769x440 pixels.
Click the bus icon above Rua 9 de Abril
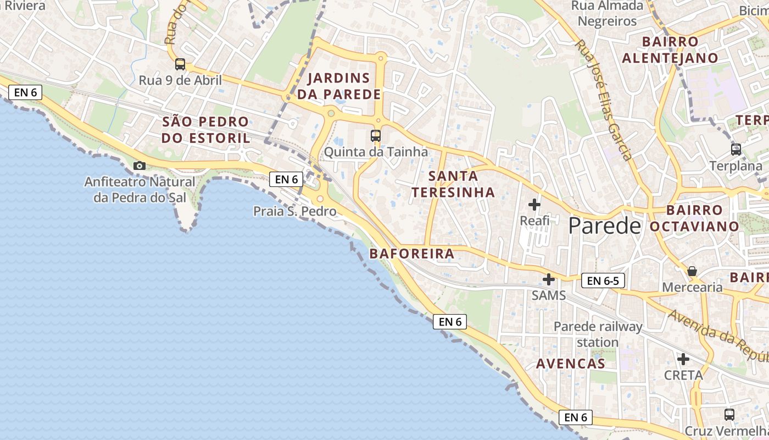pos(180,64)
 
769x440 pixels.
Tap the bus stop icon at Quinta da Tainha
pos(376,135)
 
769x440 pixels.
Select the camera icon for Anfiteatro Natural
pos(140,166)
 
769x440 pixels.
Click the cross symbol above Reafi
pos(534,205)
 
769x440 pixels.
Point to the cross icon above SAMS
pos(548,279)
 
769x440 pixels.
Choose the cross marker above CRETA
pos(683,360)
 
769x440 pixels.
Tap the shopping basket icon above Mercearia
pos(692,271)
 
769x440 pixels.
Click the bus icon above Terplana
pos(735,149)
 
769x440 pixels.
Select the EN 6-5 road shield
pos(603,281)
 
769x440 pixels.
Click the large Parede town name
pos(604,226)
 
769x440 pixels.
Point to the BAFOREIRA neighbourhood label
pos(412,254)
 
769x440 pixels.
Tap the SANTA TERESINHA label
pos(453,184)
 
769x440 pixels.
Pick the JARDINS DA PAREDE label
pos(338,86)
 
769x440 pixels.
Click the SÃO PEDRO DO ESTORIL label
pos(205,130)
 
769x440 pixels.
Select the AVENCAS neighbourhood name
pos(570,364)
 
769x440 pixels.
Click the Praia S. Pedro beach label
pos(294,211)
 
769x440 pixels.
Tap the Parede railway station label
pos(598,334)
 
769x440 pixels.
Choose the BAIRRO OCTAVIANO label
pos(694,218)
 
